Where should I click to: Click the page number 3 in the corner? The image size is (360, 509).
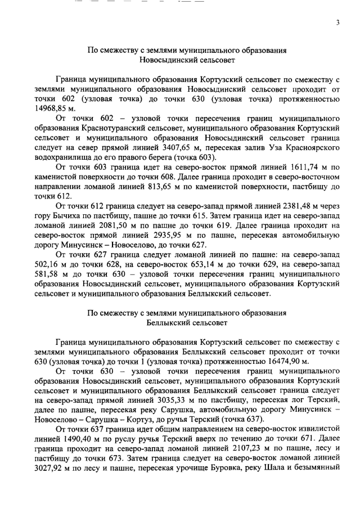337,22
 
